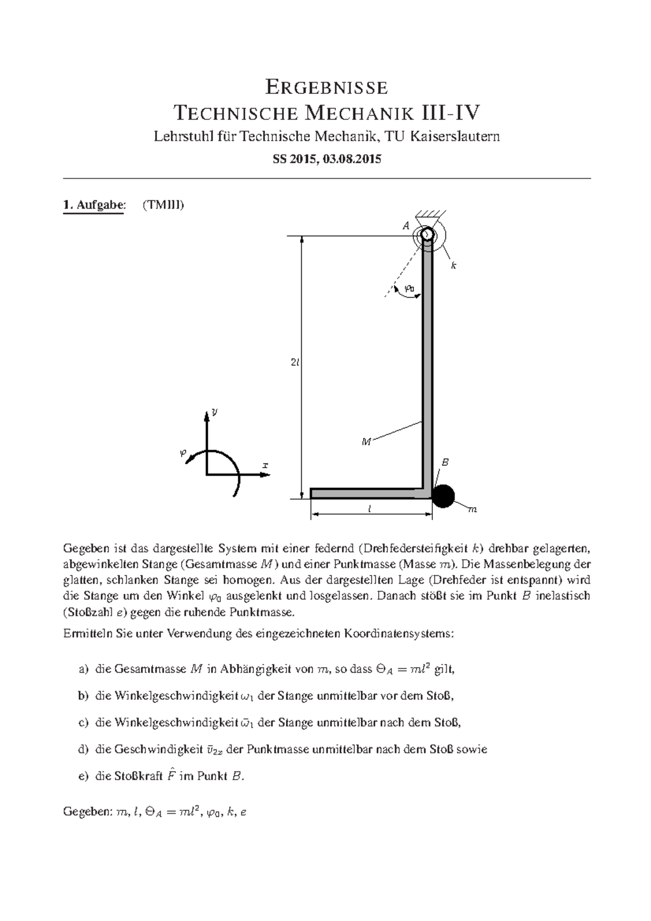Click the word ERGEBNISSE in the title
point(325,87)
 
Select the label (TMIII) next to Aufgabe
point(163,205)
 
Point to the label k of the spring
point(454,266)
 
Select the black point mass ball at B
point(443,496)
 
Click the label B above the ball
point(445,463)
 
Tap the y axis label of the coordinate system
point(214,412)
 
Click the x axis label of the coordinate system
point(265,465)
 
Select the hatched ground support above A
point(431,215)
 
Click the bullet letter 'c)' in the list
point(83,722)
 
